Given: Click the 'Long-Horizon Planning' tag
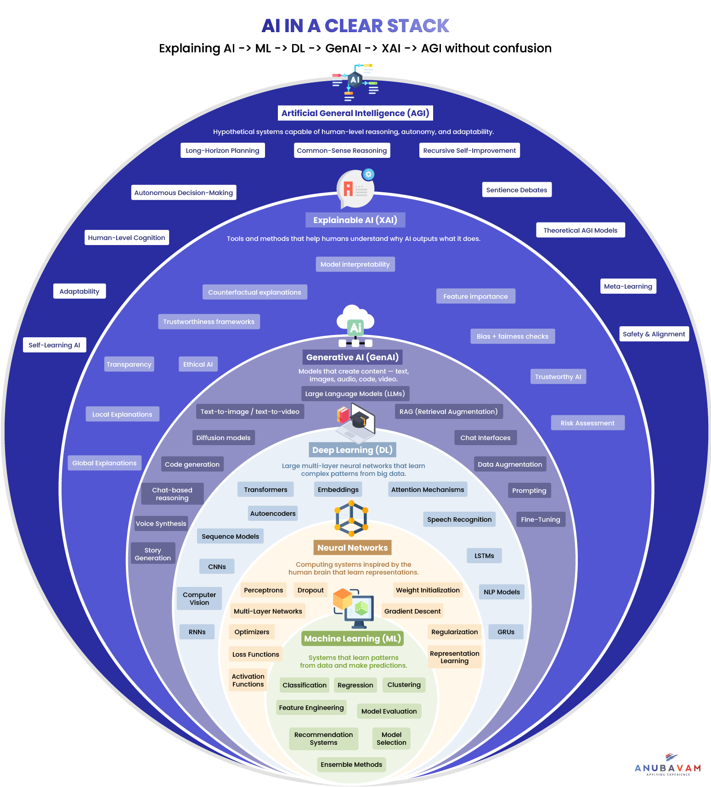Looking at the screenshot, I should point(222,151).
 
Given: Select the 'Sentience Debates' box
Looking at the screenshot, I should point(517,190).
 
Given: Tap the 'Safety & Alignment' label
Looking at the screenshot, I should point(654,334).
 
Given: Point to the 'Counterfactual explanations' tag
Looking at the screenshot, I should point(254,292).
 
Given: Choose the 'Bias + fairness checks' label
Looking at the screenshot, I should point(512,336).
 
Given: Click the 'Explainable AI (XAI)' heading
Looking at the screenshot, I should point(355,220).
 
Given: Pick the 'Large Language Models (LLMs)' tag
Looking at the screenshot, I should point(355,394).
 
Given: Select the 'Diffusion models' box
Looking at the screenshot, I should point(223,438).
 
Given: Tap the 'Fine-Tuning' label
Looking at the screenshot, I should point(540,519).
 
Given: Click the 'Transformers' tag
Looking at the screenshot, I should point(265,490).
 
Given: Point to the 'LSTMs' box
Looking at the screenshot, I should point(484,556).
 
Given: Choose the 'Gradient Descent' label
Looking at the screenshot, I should point(412,611).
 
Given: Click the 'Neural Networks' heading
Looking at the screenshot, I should point(352,547).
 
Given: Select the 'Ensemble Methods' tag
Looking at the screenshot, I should point(351,765).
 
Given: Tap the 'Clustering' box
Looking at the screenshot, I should point(404,685).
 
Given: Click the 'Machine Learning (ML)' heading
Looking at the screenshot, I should point(352,638).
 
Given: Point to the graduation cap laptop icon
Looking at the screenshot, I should point(356,420).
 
